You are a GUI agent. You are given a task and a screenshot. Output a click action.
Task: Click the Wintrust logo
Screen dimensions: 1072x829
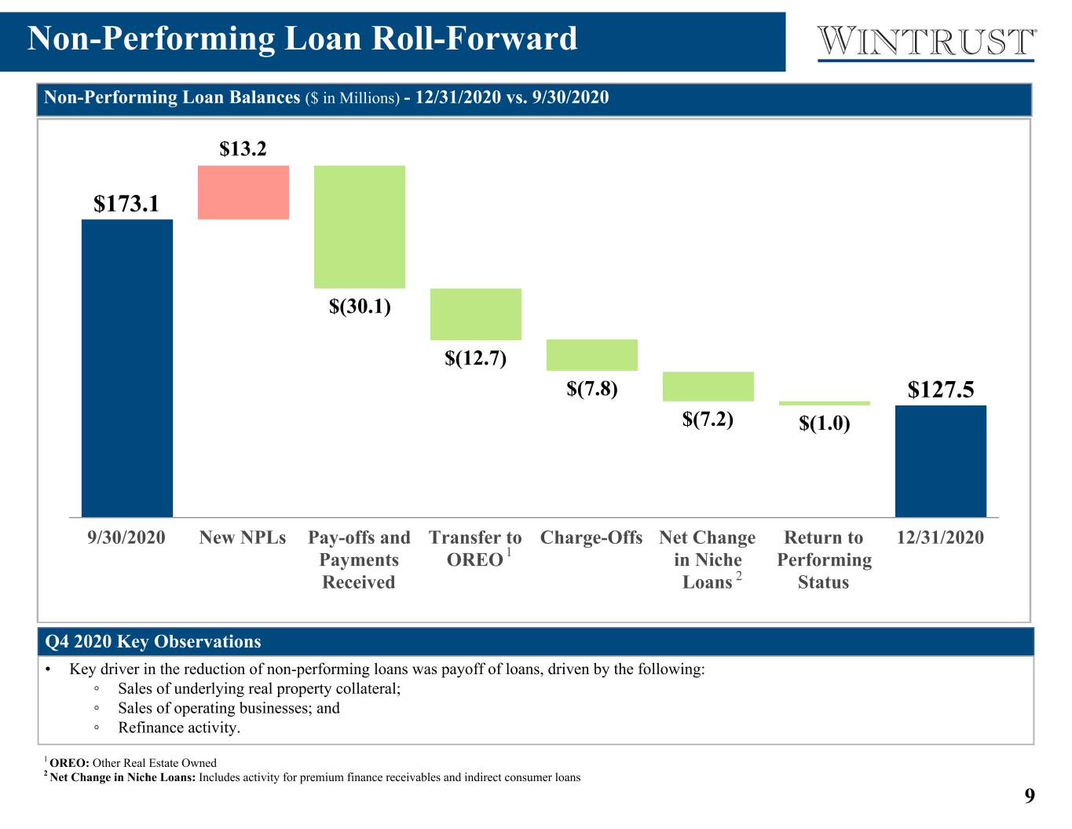click(926, 43)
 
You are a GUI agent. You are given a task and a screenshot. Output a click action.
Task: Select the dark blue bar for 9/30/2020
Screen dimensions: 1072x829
click(127, 368)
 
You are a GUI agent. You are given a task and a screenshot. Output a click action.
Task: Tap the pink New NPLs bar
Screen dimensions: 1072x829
click(243, 193)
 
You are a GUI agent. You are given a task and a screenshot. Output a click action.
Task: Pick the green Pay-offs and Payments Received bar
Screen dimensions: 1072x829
click(360, 227)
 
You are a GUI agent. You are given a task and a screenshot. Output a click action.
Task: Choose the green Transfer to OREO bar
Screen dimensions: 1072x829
click(476, 314)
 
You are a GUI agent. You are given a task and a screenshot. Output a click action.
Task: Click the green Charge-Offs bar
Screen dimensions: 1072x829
click(592, 355)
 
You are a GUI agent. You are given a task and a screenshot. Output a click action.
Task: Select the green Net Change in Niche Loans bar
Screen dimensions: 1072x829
click(708, 387)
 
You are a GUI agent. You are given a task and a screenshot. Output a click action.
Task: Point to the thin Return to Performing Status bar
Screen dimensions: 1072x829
click(825, 404)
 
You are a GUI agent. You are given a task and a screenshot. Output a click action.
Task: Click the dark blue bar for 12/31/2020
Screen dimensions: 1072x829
click(941, 461)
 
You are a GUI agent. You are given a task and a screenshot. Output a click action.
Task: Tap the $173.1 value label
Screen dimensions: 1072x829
click(126, 204)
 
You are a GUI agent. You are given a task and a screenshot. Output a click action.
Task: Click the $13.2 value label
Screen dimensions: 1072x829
click(243, 149)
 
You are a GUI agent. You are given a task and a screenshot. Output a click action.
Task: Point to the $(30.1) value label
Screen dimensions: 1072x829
click(360, 306)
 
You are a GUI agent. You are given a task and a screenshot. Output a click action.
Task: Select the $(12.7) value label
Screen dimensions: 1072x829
click(476, 358)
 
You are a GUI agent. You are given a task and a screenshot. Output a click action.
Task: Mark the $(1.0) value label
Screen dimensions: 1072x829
click(825, 423)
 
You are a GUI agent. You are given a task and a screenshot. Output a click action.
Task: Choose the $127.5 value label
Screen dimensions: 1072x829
click(941, 389)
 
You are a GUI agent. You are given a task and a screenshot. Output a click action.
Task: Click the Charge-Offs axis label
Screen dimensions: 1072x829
click(591, 537)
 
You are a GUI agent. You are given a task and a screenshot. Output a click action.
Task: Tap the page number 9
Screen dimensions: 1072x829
click(1030, 796)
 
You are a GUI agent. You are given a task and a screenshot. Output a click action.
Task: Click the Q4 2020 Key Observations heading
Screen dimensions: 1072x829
click(153, 641)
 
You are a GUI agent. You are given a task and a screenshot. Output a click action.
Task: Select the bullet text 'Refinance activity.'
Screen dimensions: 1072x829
click(179, 728)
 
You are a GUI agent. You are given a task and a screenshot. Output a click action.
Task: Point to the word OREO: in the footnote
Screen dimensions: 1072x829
click(70, 763)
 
